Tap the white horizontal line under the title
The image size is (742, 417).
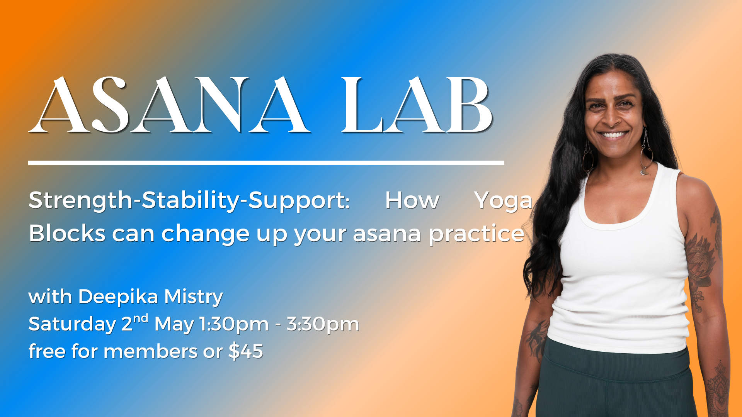tap(266, 163)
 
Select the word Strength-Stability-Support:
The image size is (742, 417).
tap(189, 201)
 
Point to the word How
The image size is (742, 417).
tap(412, 201)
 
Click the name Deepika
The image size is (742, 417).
tap(118, 297)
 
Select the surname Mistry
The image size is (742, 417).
tap(193, 297)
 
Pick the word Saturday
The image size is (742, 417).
tap(72, 324)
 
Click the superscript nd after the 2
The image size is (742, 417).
tap(141, 319)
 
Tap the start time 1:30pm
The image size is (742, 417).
tap(234, 324)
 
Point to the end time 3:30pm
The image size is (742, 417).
tap(323, 324)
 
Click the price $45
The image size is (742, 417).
tap(246, 351)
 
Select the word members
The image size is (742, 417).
tap(151, 351)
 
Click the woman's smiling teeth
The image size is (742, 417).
tap(613, 135)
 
